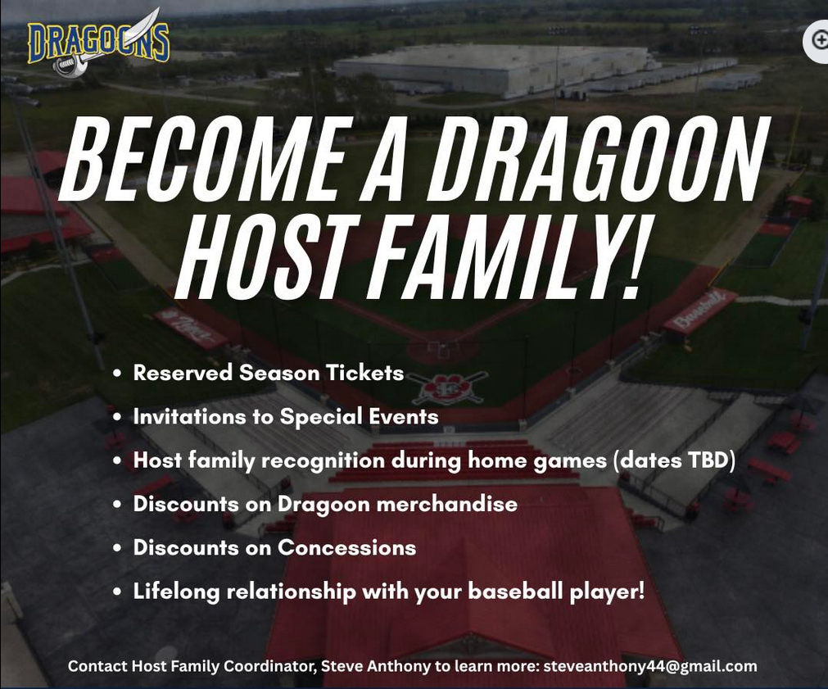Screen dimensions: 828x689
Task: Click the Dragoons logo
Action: [99, 44]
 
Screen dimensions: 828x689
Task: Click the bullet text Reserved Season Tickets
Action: [269, 373]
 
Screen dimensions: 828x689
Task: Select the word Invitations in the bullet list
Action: [189, 416]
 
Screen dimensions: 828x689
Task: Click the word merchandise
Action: [446, 504]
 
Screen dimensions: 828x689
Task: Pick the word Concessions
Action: [347, 547]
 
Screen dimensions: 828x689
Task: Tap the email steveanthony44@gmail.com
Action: [650, 666]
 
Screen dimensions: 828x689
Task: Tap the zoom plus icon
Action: [819, 39]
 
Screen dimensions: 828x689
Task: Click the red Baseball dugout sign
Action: [699, 311]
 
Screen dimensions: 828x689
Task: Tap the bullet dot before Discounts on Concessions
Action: [117, 548]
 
